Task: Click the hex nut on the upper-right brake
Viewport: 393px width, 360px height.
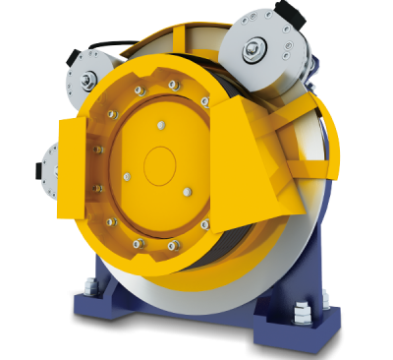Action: (x=256, y=48)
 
